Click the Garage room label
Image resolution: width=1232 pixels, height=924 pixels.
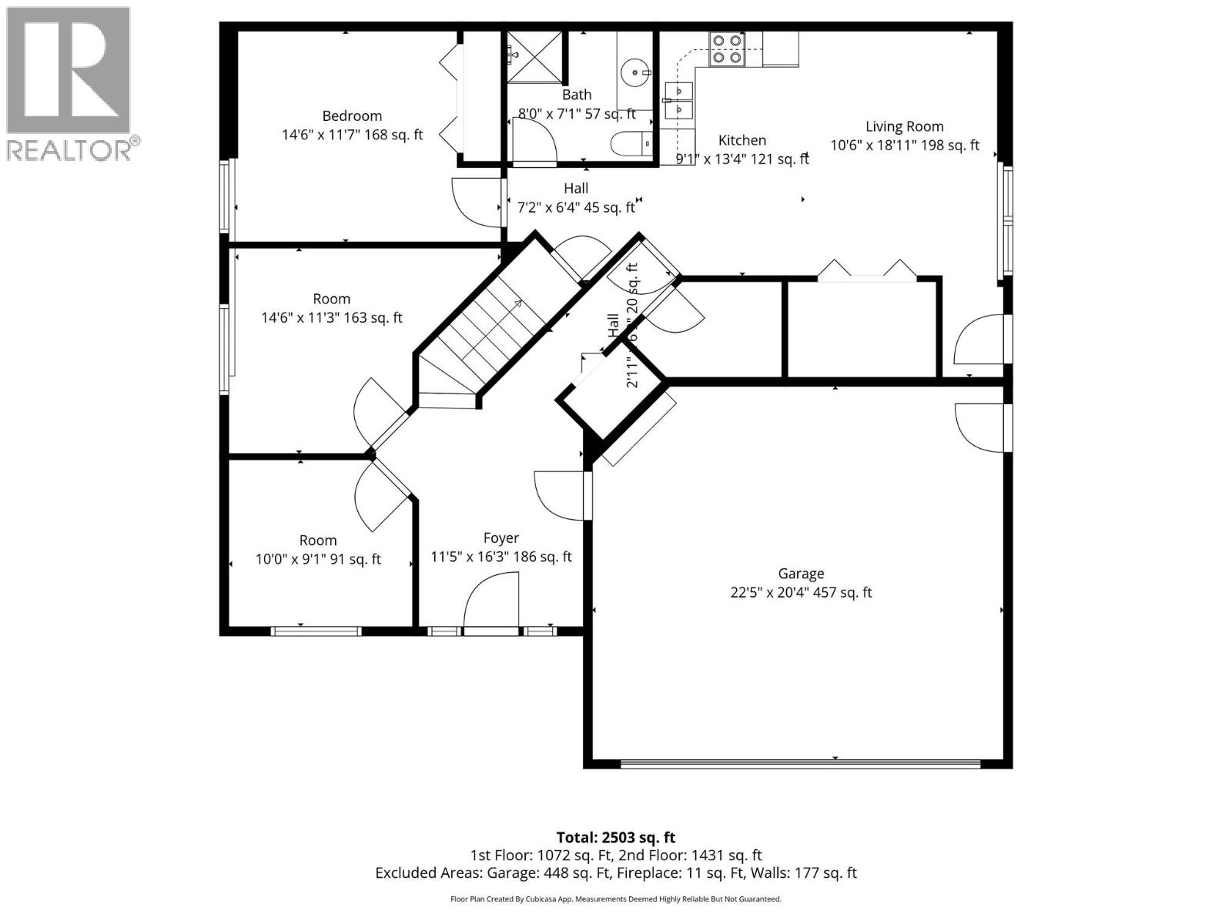pyautogui.click(x=801, y=574)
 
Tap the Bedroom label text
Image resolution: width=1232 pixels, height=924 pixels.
pyautogui.click(x=352, y=116)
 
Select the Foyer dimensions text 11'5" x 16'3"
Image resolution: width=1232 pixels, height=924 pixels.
pyautogui.click(x=500, y=557)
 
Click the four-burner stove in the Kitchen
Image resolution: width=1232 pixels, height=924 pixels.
pyautogui.click(x=726, y=49)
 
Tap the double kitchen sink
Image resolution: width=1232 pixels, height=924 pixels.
pyautogui.click(x=679, y=101)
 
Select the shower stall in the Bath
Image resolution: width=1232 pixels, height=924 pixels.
pyautogui.click(x=536, y=55)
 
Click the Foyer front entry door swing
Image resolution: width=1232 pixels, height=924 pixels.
pyautogui.click(x=490, y=604)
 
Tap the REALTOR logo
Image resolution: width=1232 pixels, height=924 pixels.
pyautogui.click(x=69, y=83)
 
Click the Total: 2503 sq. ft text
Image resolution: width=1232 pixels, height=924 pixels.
pyautogui.click(x=615, y=837)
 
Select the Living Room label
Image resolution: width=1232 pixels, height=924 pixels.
pyautogui.click(x=904, y=127)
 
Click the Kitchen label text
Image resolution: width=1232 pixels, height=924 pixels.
pyautogui.click(x=742, y=140)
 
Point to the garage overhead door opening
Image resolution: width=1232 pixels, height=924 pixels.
pyautogui.click(x=801, y=765)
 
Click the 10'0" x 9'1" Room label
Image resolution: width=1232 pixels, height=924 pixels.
pyautogui.click(x=318, y=541)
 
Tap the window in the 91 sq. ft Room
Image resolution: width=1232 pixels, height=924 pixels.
pyautogui.click(x=316, y=631)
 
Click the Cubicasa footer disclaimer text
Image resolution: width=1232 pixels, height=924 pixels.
pyautogui.click(x=615, y=899)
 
